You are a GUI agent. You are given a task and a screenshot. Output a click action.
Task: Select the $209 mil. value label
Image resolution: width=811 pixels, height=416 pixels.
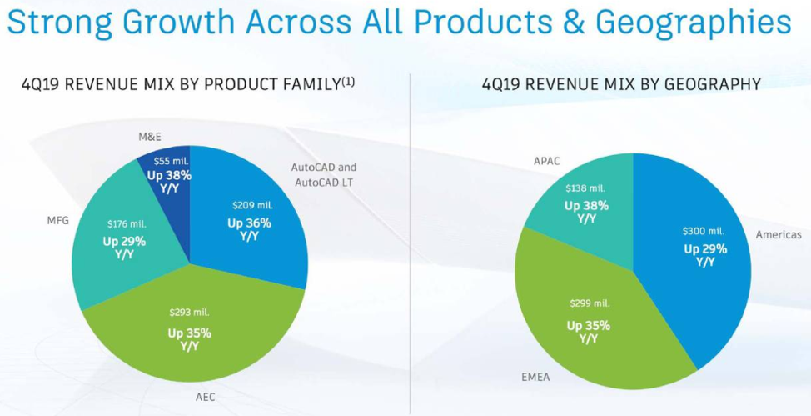pyautogui.click(x=251, y=205)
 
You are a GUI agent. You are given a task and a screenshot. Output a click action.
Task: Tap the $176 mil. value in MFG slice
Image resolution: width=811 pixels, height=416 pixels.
pyautogui.click(x=127, y=224)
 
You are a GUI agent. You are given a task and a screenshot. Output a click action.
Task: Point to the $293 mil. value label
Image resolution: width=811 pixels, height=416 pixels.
pyautogui.click(x=189, y=313)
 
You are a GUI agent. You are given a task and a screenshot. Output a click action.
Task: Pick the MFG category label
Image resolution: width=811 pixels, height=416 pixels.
pyautogui.click(x=58, y=222)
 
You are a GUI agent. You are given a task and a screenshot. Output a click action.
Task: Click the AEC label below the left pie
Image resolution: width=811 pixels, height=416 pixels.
pyautogui.click(x=206, y=398)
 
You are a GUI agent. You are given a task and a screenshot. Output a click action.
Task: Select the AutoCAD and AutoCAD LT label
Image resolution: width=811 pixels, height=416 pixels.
pyautogui.click(x=324, y=175)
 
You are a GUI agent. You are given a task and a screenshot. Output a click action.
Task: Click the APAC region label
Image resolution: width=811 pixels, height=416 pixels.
pyautogui.click(x=547, y=161)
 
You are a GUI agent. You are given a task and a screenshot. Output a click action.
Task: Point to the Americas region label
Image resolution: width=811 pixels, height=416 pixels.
pyautogui.click(x=778, y=235)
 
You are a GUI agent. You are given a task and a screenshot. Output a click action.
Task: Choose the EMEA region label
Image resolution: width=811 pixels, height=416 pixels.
pyautogui.click(x=535, y=377)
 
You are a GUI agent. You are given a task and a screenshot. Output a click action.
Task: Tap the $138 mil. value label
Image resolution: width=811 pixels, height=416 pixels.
pyautogui.click(x=586, y=188)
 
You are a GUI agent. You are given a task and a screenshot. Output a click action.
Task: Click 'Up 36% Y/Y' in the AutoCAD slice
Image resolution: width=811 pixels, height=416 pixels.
pyautogui.click(x=249, y=229)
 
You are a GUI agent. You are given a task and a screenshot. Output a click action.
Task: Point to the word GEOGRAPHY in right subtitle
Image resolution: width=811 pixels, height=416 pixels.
pyautogui.click(x=715, y=84)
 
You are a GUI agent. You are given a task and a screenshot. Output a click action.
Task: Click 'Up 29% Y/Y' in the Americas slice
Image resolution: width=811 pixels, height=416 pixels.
pyautogui.click(x=705, y=255)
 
